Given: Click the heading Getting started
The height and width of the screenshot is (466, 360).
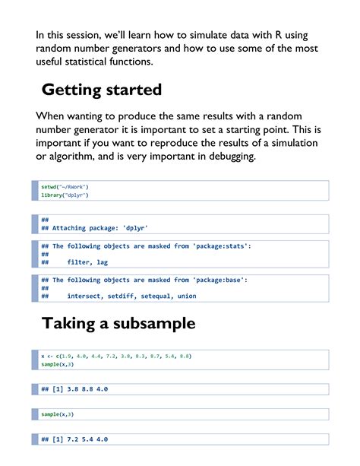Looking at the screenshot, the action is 101,90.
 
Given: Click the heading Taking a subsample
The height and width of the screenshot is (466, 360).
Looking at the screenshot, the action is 118,323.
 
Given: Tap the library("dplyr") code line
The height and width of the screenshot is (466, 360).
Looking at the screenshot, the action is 65,195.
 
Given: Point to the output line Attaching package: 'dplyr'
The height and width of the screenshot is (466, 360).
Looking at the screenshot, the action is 99,228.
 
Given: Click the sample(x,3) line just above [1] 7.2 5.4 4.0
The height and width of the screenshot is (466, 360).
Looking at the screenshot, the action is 58,414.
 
